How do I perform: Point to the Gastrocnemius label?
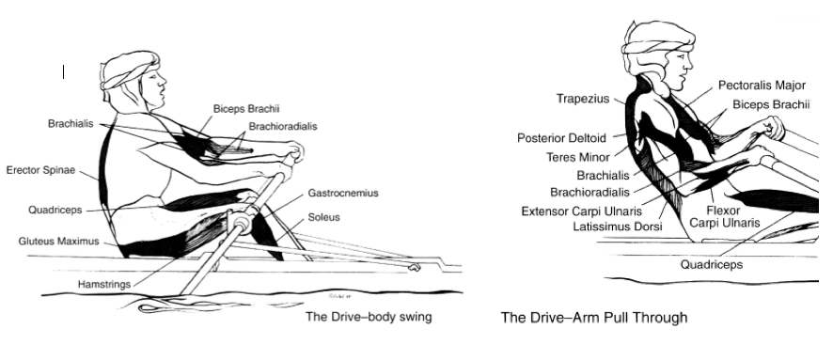tap(342, 193)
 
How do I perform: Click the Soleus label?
tap(324, 218)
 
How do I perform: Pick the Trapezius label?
tap(583, 98)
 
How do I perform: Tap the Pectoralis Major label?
tap(762, 85)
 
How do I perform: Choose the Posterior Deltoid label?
tap(561, 137)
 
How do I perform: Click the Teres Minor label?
tap(578, 157)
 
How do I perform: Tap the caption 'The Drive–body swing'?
tap(369, 317)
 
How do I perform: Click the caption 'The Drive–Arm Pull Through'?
tap(593, 318)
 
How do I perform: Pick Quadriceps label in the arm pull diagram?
tap(712, 264)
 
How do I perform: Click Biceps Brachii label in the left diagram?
tap(246, 108)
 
